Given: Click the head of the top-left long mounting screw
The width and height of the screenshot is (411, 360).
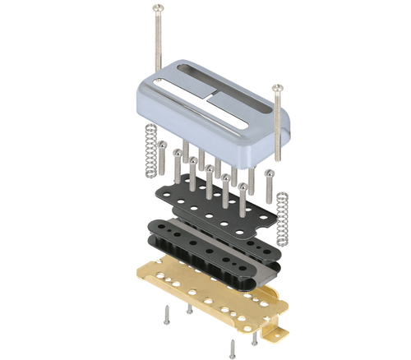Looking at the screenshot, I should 155,8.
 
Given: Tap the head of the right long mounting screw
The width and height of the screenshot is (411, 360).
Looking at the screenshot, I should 278,85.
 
